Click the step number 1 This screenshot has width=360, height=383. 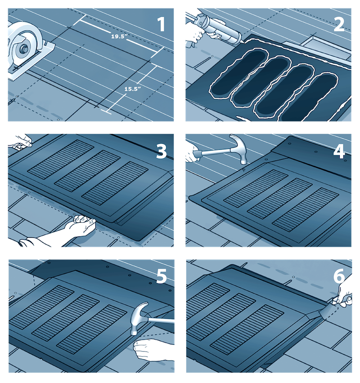pos(161,24)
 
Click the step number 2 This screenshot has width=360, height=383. pos(338,24)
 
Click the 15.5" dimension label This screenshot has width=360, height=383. pos(133,89)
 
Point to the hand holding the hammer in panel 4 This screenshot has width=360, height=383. pos(193,151)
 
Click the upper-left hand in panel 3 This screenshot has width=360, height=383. pos(20,141)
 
